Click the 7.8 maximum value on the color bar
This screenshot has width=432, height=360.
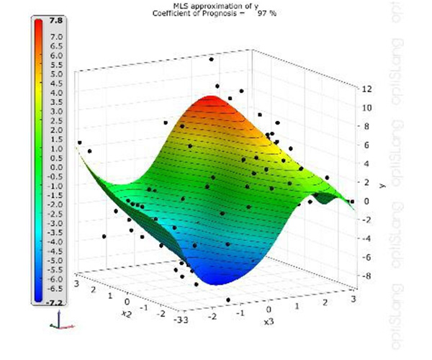point(54,22)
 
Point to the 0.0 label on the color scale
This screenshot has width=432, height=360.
point(55,167)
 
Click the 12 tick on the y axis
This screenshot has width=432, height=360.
point(366,89)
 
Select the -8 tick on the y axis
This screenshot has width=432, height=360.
point(366,276)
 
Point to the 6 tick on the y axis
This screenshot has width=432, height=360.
point(366,145)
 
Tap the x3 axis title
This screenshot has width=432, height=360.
point(268,320)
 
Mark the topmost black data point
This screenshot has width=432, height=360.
point(211,60)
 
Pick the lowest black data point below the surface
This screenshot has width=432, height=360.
point(228,300)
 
